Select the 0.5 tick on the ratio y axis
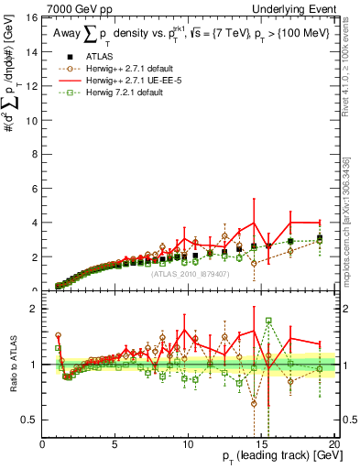coord(30,420)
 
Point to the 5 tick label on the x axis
coord(115,445)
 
